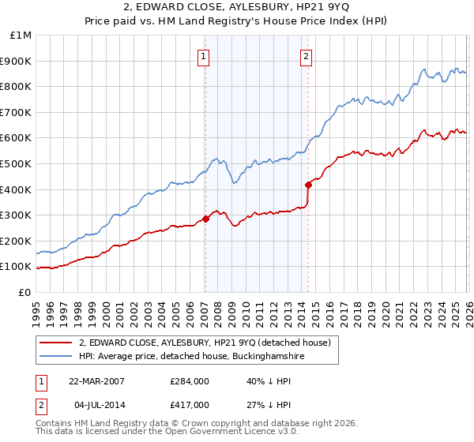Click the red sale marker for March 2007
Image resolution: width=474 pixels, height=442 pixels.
205,219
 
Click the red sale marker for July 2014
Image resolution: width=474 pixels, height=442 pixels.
307,185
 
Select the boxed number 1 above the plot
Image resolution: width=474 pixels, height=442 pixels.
204,56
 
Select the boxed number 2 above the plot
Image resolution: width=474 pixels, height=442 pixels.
306,56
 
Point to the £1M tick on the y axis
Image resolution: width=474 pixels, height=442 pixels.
21,36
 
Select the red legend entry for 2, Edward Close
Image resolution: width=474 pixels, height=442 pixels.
209,343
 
